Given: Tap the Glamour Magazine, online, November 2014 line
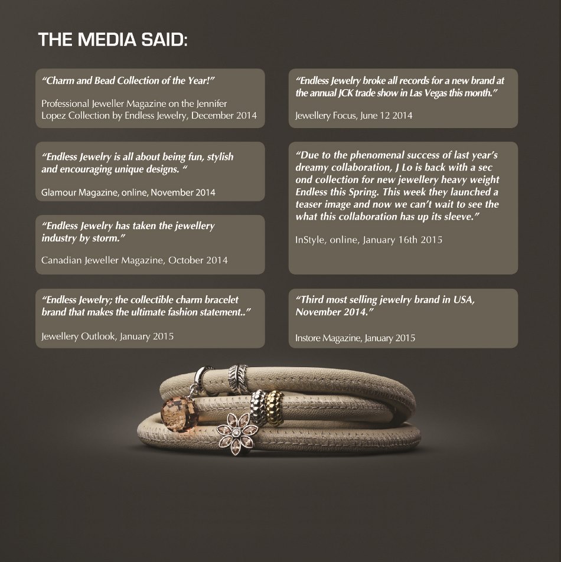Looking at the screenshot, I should click(128, 192).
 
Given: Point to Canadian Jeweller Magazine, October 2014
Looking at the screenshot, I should click(134, 260).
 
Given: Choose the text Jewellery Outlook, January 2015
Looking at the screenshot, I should click(107, 336).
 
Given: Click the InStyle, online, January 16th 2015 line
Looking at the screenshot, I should click(368, 240).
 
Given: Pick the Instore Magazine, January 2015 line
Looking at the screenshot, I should click(355, 338).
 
